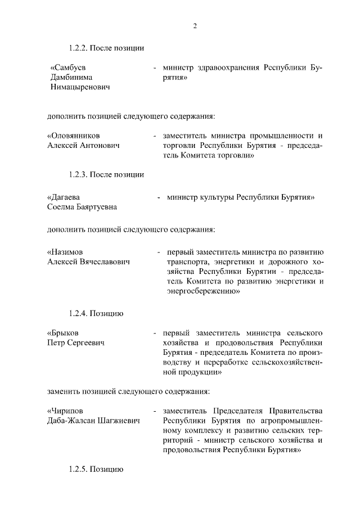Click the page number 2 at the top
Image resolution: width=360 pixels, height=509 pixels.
pos(194,25)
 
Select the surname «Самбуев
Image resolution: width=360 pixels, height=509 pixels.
pos(65,67)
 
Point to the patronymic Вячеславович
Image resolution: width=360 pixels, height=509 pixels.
pos(105,262)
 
